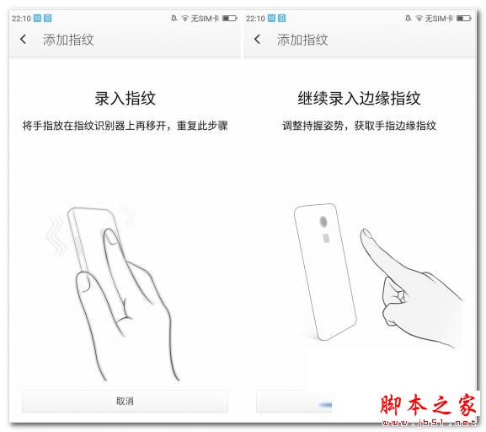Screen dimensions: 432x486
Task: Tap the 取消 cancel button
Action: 125,401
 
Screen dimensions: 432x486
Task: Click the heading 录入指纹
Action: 125,98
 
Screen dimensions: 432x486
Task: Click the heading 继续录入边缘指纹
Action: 359,98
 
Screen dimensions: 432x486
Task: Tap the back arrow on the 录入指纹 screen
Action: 23,40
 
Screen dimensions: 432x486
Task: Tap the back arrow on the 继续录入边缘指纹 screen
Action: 258,40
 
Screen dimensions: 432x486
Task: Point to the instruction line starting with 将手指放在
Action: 125,126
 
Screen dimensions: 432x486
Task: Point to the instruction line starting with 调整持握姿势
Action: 359,126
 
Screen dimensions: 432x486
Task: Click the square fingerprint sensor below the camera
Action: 325,240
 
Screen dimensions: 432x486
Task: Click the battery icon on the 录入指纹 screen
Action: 231,18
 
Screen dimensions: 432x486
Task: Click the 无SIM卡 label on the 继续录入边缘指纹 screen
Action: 441,18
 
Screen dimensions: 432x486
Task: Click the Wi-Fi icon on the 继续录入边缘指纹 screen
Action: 419,18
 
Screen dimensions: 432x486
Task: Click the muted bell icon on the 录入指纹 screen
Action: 174,18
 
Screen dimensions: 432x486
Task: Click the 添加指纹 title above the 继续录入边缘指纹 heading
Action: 302,40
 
